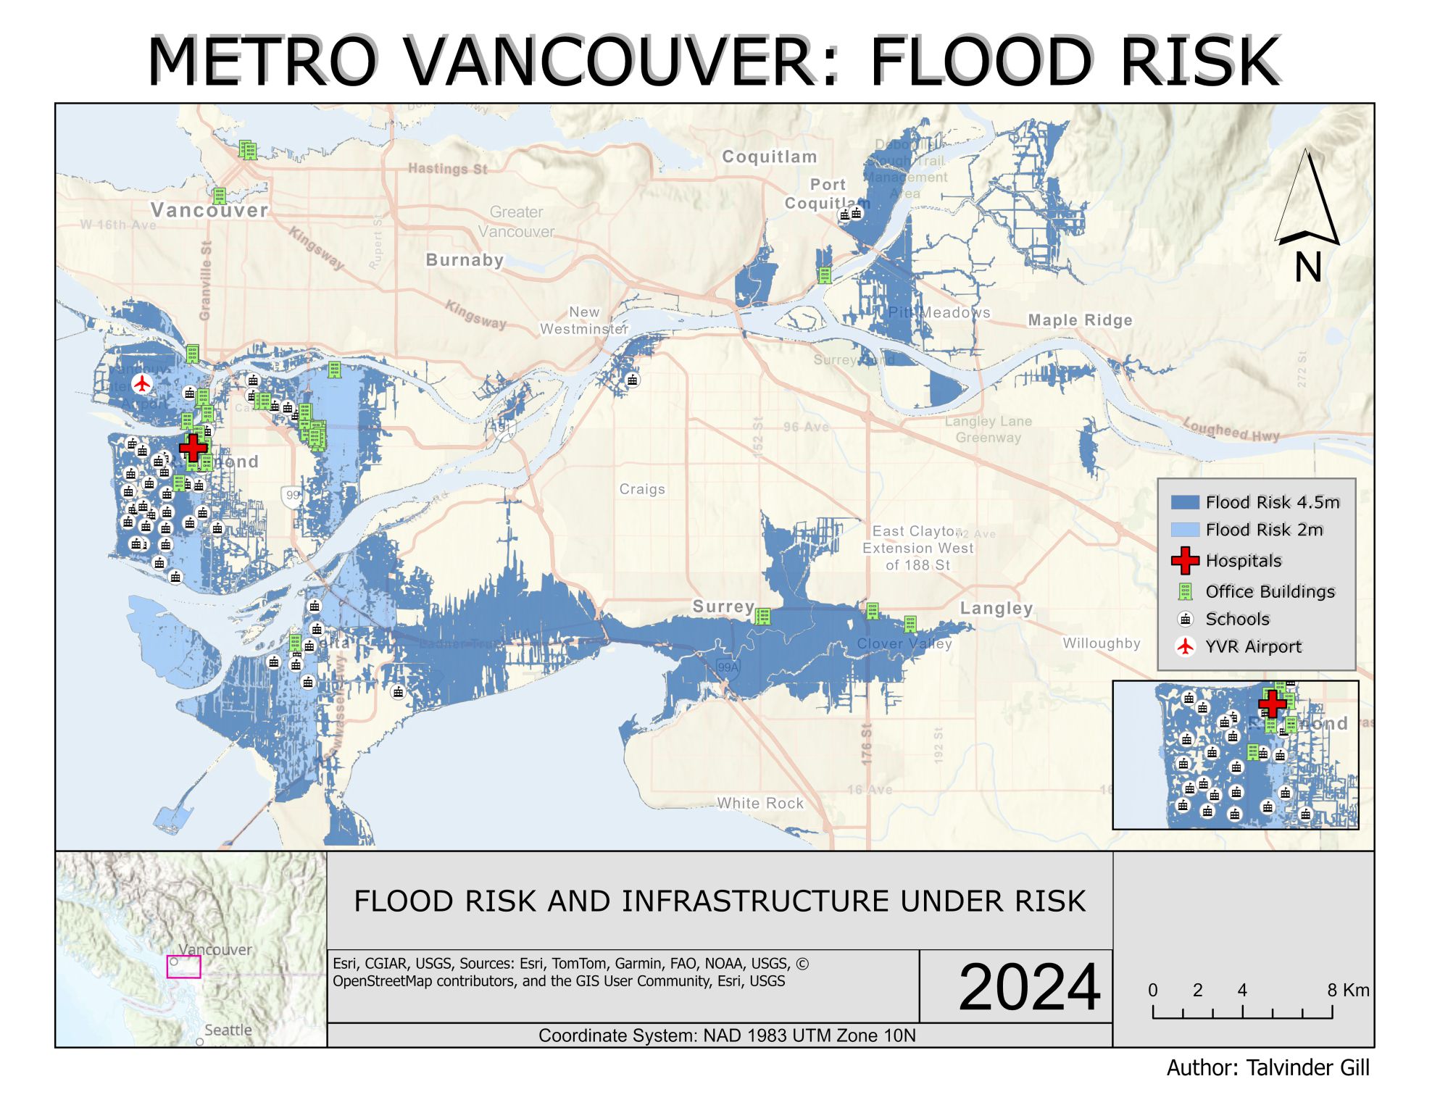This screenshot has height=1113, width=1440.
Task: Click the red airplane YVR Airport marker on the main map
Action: (x=142, y=383)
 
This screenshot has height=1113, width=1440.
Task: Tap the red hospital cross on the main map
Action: (x=193, y=447)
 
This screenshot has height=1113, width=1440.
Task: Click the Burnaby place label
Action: (x=465, y=260)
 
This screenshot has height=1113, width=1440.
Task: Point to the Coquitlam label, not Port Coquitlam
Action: (x=769, y=157)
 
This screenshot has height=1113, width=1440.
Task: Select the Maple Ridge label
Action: (x=1079, y=320)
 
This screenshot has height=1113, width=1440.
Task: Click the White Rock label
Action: (x=760, y=803)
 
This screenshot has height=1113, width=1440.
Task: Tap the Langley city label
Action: (x=996, y=608)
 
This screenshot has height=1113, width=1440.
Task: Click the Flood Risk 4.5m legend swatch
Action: (x=1184, y=502)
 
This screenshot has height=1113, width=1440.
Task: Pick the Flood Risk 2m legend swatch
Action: (x=1184, y=530)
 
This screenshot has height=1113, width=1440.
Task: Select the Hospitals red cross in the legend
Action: (x=1185, y=560)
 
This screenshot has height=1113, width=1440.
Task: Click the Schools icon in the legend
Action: (x=1185, y=620)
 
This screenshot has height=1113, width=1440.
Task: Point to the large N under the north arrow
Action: (x=1307, y=267)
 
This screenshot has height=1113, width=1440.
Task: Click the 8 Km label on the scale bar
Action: (x=1348, y=990)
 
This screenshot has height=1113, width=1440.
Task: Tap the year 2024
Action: (x=1029, y=987)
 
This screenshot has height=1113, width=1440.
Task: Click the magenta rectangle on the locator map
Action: (x=183, y=967)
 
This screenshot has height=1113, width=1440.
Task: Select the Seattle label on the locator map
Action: (x=228, y=1030)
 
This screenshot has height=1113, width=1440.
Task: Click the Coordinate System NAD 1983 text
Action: (x=726, y=1035)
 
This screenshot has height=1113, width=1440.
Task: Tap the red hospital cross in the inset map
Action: (x=1272, y=703)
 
